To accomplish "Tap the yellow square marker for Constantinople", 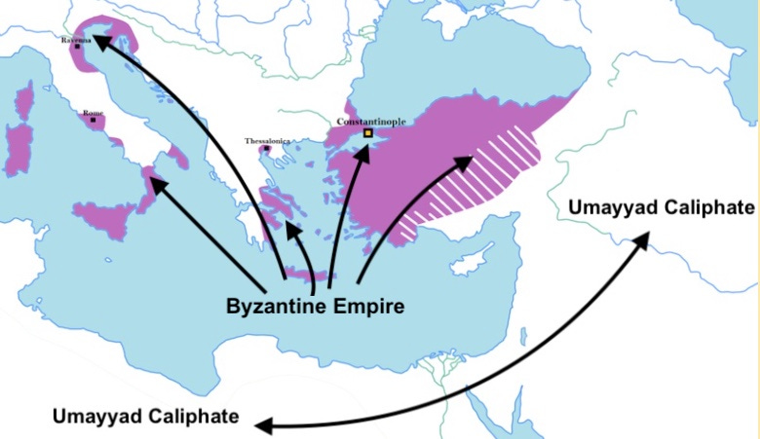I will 368,133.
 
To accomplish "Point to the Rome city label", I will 93,113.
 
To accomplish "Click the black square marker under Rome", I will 93,121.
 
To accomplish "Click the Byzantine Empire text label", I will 315,304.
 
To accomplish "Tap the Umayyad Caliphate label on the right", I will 662,207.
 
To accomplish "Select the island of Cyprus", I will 475,259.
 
